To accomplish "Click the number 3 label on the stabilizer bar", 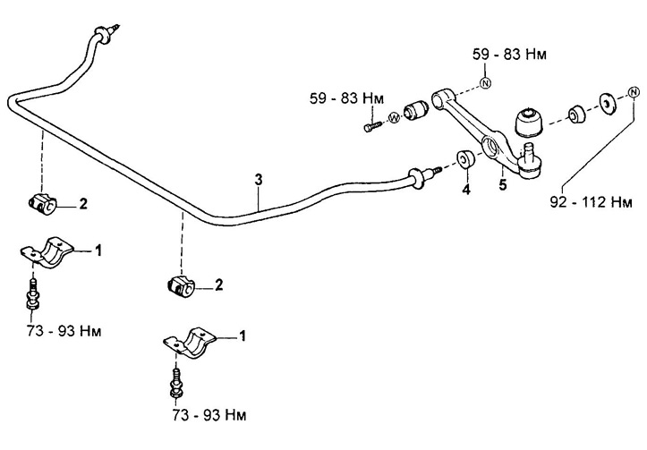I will pos(258,180).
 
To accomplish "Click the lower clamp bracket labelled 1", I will pos(192,343).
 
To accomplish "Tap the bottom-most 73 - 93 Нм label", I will pos(207,417).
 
